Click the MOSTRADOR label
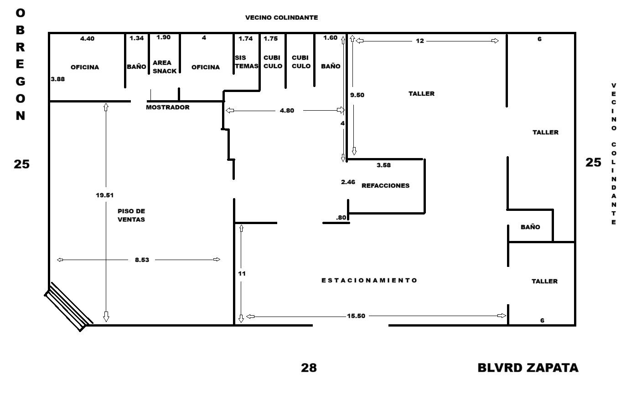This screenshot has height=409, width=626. click(168, 107)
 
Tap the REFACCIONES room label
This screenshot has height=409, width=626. click(385, 186)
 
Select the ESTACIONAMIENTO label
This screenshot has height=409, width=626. click(369, 280)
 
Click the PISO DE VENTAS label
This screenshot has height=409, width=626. click(131, 215)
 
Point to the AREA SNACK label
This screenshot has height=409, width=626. click(164, 67)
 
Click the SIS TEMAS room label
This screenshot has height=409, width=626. click(246, 62)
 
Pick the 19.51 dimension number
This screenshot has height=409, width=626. click(104, 195)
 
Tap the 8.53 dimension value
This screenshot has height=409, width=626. click(142, 260)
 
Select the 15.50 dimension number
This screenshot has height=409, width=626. click(356, 316)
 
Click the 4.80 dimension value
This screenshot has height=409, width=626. click(287, 111)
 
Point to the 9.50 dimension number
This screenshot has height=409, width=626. click(357, 95)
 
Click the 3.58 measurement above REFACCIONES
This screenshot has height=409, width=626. click(383, 165)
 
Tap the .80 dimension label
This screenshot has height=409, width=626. click(341, 218)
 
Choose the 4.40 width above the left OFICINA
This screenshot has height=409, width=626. click(87, 39)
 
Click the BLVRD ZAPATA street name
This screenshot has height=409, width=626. click(528, 368)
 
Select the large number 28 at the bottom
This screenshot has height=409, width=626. click(309, 368)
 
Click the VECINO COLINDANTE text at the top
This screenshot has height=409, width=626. click(281, 18)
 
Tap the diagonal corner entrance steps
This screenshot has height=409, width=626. click(68, 307)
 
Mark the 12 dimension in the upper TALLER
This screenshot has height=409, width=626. click(420, 41)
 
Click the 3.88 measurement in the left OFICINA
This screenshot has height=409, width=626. click(58, 79)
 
